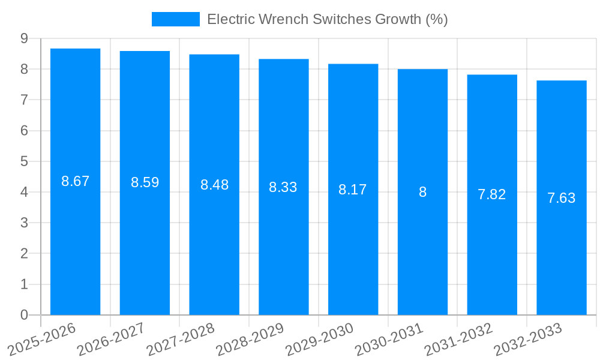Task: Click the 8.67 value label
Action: pyautogui.click(x=75, y=181)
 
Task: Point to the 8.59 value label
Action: pyautogui.click(x=145, y=182)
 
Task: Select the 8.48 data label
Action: pyautogui.click(x=214, y=185)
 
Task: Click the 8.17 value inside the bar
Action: pyautogui.click(x=352, y=190)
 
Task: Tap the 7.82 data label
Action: pyautogui.click(x=491, y=194)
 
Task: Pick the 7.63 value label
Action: pyautogui.click(x=561, y=198)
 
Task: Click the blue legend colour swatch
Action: pyautogui.click(x=175, y=19)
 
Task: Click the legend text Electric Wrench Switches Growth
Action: pyautogui.click(x=327, y=19)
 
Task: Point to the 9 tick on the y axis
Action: pyautogui.click(x=24, y=38)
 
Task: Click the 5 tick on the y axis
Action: pyautogui.click(x=24, y=161)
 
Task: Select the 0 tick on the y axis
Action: pyautogui.click(x=24, y=315)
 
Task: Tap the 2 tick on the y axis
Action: pyautogui.click(x=24, y=254)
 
